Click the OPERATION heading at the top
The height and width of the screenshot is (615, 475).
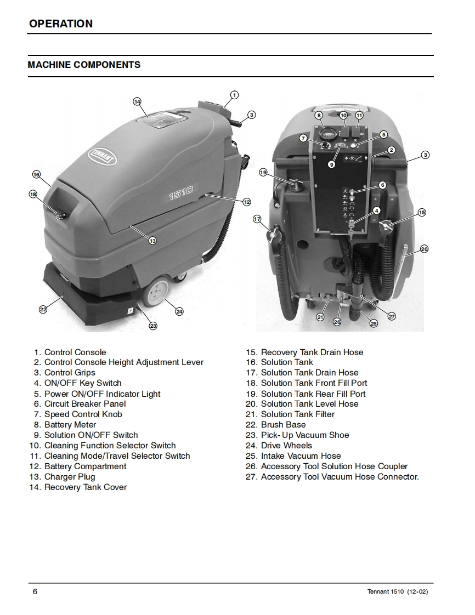[x=61, y=24]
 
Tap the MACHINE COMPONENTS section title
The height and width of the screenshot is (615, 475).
[x=84, y=65]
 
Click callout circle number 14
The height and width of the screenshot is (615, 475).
[x=137, y=101]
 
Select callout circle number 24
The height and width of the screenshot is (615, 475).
[x=179, y=311]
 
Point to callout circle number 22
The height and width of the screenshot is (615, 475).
[x=43, y=310]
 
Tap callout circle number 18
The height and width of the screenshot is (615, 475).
[x=33, y=194]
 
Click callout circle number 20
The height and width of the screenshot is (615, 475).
[x=424, y=249]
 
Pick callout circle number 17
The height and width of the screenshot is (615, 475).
[x=257, y=219]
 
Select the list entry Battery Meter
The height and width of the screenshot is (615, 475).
[x=70, y=425]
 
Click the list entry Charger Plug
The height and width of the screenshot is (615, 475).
[x=69, y=477]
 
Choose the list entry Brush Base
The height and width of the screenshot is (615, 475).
[x=283, y=425]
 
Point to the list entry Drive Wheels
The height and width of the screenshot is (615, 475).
[x=286, y=446]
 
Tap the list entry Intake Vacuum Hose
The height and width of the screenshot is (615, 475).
[x=301, y=456]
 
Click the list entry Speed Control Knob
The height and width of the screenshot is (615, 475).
[x=83, y=414]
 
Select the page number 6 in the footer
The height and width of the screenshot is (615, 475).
[x=35, y=591]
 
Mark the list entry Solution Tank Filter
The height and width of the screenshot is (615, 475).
[x=297, y=414]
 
